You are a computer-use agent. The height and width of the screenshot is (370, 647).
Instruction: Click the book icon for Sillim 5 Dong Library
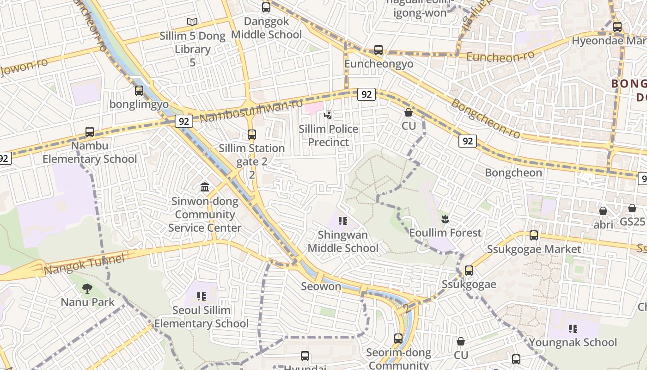click(192, 22)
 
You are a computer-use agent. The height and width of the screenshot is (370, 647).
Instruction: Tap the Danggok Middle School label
click(266, 28)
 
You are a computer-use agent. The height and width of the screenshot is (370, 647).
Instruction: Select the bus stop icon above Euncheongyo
click(378, 50)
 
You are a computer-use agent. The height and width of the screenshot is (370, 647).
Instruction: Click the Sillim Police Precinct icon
click(328, 115)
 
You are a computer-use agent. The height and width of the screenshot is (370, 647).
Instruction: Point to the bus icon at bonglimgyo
click(139, 91)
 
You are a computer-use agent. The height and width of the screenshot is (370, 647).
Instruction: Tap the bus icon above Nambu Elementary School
click(90, 132)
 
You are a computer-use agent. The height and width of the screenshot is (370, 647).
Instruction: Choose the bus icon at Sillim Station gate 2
click(251, 135)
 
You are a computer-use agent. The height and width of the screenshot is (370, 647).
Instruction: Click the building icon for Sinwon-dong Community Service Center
click(205, 187)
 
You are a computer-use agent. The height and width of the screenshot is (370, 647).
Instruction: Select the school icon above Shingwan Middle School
click(343, 221)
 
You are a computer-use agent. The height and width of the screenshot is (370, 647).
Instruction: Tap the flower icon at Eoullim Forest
click(445, 219)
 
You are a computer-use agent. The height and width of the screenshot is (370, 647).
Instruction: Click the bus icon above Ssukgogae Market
click(534, 235)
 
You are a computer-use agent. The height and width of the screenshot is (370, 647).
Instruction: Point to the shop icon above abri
click(603, 211)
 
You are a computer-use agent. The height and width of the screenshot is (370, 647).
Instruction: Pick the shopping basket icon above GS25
click(632, 208)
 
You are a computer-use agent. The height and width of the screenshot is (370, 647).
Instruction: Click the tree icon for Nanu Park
click(87, 289)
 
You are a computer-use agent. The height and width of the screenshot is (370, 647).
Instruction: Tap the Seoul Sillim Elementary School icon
click(201, 296)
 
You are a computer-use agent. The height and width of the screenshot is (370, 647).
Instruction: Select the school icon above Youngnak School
click(573, 329)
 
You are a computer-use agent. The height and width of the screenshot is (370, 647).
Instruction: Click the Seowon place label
click(321, 286)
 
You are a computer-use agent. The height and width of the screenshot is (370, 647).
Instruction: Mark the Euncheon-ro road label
click(500, 56)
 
